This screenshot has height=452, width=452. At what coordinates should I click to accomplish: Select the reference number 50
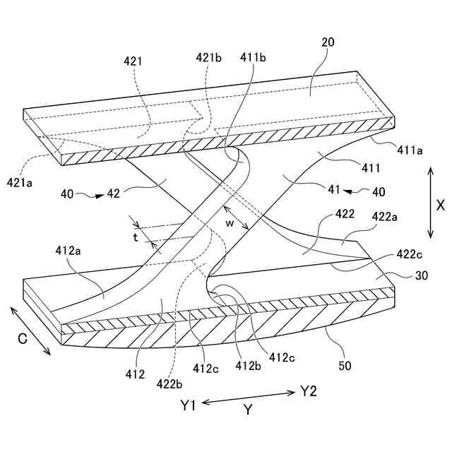345,366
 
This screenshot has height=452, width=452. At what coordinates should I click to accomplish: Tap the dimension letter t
135,237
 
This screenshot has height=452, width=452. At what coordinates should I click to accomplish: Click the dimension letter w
230,222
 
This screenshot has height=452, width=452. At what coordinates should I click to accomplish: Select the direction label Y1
189,405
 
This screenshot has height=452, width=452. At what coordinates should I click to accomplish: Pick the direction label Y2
309,390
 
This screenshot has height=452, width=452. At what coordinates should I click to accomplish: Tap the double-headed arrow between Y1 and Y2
248,399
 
